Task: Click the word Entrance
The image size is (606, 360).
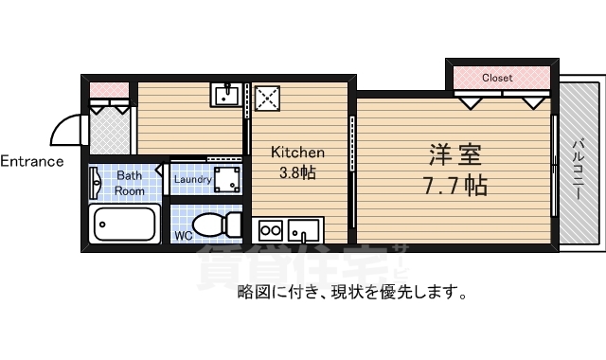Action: tap(32, 161)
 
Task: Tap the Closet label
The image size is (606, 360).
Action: tap(497, 78)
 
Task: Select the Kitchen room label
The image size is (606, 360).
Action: tap(298, 153)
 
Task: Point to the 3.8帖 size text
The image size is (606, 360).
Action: tap(296, 172)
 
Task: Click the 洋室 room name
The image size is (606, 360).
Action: tap(450, 153)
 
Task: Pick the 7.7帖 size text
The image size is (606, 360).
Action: tap(454, 184)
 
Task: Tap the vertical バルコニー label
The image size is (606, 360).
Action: tap(578, 169)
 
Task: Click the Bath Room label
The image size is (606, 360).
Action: tap(130, 183)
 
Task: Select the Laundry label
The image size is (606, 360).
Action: tap(192, 178)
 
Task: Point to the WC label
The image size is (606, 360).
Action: tap(184, 233)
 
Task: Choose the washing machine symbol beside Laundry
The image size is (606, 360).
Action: tap(226, 178)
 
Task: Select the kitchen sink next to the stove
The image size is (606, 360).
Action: tap(304, 230)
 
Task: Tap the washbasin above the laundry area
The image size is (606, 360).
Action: tap(227, 96)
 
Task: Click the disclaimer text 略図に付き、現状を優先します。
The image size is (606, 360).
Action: tap(351, 292)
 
